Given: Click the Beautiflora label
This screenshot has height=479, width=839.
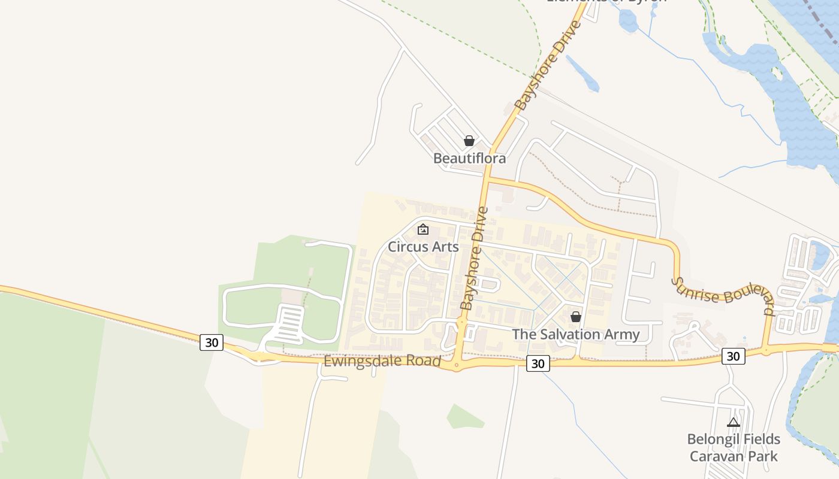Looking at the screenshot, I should [x=469, y=159].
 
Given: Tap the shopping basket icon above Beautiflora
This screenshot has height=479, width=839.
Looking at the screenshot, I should [x=469, y=141].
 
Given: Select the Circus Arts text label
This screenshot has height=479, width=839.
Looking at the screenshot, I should [x=423, y=247].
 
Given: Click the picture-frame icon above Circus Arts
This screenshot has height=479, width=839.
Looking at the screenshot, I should [x=423, y=229].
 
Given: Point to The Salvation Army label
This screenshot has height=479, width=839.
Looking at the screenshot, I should [x=576, y=335].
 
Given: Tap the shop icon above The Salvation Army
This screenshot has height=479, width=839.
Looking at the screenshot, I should [x=576, y=317].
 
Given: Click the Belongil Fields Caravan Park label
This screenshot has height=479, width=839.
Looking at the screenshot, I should [x=734, y=447].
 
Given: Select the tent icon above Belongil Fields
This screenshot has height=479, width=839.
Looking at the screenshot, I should [x=734, y=422].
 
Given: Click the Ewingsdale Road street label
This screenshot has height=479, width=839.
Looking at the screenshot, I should [x=382, y=362].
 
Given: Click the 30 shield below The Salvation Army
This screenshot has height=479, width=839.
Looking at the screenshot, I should [x=538, y=363].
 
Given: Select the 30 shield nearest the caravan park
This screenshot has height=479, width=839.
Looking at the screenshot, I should [x=733, y=356].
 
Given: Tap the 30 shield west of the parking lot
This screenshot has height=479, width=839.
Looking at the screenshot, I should [x=212, y=342].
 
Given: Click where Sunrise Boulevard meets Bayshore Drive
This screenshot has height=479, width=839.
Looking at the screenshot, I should [x=487, y=178].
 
